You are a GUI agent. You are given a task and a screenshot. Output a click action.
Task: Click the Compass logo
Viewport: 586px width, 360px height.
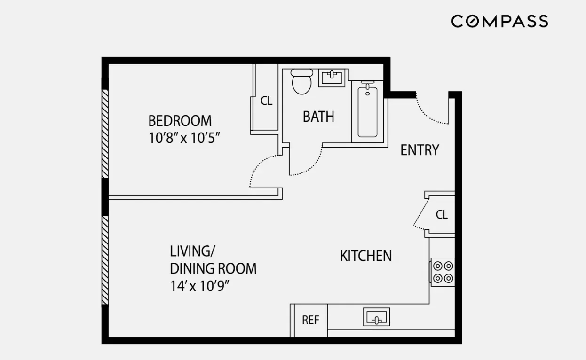pyautogui.click(x=499, y=22)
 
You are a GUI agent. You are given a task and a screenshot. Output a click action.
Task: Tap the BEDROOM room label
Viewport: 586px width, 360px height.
pyautogui.click(x=180, y=121)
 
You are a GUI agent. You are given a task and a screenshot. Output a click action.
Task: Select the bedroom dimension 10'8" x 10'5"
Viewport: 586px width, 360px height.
pyautogui.click(x=184, y=139)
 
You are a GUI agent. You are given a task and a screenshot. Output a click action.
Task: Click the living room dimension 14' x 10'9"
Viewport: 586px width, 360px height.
pyautogui.click(x=203, y=286)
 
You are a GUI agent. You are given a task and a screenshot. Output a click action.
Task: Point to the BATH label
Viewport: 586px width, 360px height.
pyautogui.click(x=318, y=117)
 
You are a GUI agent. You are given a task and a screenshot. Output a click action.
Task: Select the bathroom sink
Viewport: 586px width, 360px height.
pyautogui.click(x=333, y=77)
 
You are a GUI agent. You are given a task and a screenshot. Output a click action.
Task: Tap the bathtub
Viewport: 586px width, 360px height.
pyautogui.click(x=367, y=111)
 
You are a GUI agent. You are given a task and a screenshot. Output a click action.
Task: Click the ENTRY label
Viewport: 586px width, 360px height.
pyautogui.click(x=420, y=150)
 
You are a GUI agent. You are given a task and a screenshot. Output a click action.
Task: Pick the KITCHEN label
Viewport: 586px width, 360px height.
pyautogui.click(x=365, y=256)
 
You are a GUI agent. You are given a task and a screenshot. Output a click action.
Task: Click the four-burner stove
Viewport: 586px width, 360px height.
pyautogui.click(x=443, y=272)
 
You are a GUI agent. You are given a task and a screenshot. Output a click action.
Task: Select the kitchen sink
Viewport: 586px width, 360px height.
pyautogui.click(x=376, y=317)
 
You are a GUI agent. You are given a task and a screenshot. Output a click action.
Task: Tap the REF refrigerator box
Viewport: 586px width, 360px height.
pyautogui.click(x=310, y=320)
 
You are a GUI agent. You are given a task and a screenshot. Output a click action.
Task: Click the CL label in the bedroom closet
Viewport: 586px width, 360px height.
pyautogui.click(x=266, y=101)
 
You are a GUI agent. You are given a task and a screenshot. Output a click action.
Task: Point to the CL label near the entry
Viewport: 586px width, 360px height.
pyautogui.click(x=441, y=215)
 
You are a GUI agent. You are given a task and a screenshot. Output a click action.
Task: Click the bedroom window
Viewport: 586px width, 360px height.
pyautogui.click(x=105, y=133)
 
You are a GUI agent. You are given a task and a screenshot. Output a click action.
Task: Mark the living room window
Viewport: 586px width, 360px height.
pyautogui.click(x=105, y=260)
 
